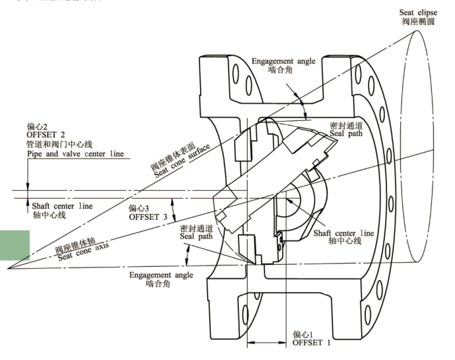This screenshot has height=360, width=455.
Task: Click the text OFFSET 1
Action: coord(312,343)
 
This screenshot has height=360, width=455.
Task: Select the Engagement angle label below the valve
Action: coord(161,274)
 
